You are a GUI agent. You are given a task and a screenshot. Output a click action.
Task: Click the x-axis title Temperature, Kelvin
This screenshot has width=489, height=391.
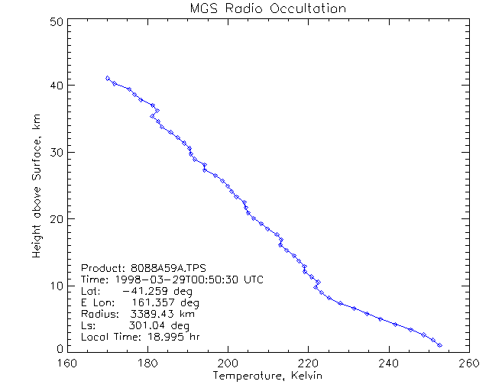point(267,376)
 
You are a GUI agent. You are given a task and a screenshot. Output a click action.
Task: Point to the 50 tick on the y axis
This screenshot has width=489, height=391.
point(55,22)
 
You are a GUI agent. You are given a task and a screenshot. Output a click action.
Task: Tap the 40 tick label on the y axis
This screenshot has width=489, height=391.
point(55,85)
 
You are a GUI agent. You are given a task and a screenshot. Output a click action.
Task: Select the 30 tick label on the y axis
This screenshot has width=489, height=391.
point(55,152)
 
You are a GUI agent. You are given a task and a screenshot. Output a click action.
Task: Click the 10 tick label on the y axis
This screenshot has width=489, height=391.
point(55,286)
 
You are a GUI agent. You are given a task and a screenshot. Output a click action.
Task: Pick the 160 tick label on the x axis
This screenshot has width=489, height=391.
point(67,364)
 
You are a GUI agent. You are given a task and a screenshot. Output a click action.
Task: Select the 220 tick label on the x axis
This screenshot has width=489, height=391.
point(308,364)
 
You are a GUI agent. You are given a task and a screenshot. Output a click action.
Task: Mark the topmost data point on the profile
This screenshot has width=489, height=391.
point(108,78)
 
